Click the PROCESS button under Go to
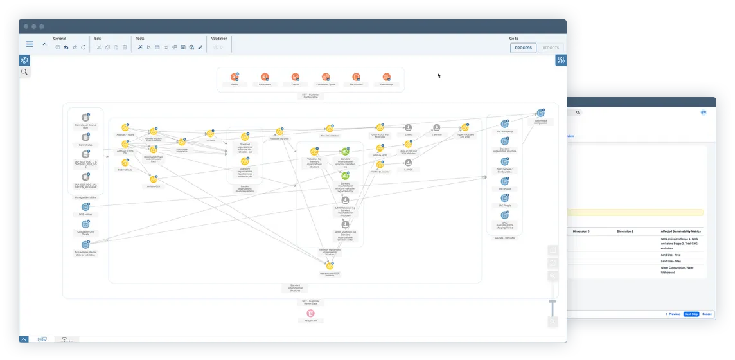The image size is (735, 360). (x=523, y=48)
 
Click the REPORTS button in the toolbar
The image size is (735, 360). (x=551, y=48)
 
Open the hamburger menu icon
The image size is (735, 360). (x=30, y=44)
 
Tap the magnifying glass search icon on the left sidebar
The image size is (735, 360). (x=24, y=72)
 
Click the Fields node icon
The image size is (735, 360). (x=235, y=77)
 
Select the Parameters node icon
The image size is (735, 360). (x=265, y=77)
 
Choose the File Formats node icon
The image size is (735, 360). (x=356, y=77)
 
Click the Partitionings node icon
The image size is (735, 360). (x=386, y=77)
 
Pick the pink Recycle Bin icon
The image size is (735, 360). (x=310, y=313)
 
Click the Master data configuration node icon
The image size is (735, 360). (x=540, y=114)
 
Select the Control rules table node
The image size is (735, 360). (x=85, y=137)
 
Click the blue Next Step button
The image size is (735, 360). (x=691, y=314)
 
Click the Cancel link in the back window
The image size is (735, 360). (x=707, y=314)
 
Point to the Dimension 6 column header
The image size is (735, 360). (x=624, y=231)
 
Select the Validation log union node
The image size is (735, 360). (x=279, y=131)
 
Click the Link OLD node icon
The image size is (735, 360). (x=210, y=133)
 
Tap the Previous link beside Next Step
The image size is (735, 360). (x=673, y=314)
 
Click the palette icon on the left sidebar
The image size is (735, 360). (x=24, y=60)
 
